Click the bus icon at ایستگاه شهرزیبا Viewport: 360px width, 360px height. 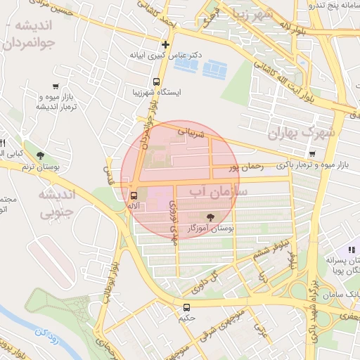(x=155, y=81)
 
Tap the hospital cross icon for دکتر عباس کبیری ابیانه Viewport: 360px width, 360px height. (x=165, y=44)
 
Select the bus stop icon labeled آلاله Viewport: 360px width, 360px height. (x=134, y=195)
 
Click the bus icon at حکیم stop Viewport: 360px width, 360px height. (x=186, y=307)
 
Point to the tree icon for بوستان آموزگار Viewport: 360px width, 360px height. (x=212, y=217)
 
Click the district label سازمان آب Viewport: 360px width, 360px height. (x=219, y=191)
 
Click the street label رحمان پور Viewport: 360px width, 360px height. (x=246, y=167)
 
